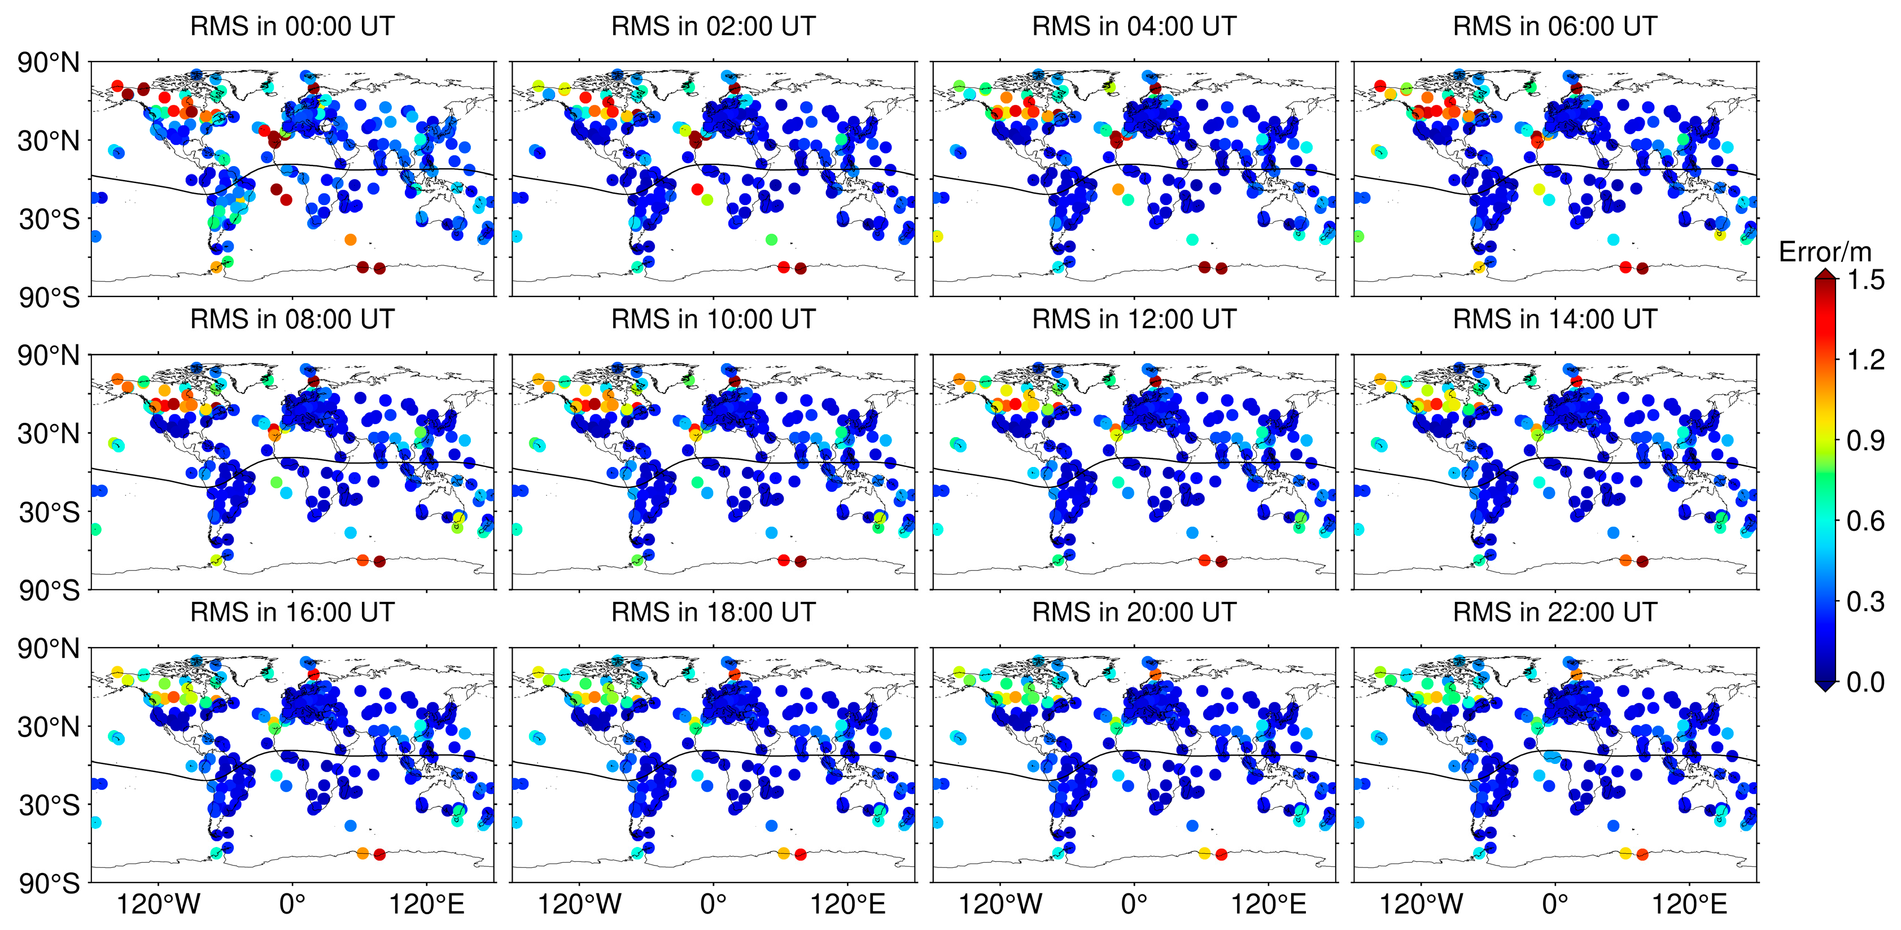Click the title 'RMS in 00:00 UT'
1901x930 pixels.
[x=292, y=27]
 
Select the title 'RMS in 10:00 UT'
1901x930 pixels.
[x=713, y=320]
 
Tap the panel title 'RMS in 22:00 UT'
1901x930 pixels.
[x=1555, y=613]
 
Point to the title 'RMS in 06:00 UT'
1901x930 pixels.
[x=1555, y=27]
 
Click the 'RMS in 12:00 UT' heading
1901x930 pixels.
[x=1134, y=320]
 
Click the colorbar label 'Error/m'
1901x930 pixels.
[x=1825, y=252]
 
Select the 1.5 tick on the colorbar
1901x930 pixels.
[x=1865, y=281]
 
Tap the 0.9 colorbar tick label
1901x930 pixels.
[x=1865, y=442]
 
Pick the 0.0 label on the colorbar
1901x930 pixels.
[x=1865, y=683]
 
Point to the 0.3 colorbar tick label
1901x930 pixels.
[x=1865, y=602]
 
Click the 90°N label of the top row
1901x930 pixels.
[x=49, y=63]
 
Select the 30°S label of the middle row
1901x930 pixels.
[x=49, y=512]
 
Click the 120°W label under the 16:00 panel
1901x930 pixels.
[x=158, y=904]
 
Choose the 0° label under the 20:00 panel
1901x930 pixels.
[x=1134, y=904]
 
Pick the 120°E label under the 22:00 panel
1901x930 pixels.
[x=1689, y=904]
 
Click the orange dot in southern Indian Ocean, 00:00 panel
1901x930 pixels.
[x=351, y=239]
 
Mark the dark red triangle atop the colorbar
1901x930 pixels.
[x=1825, y=274]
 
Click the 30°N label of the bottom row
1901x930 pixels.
[x=49, y=727]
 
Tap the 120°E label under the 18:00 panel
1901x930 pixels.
[x=847, y=904]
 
